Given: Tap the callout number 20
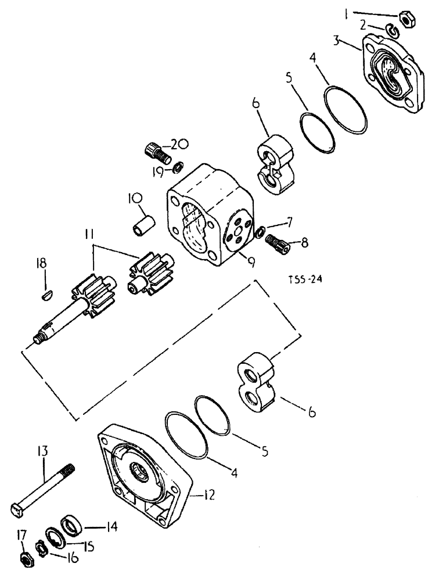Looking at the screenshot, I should coord(179,145).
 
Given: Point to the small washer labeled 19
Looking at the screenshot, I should coord(177,168).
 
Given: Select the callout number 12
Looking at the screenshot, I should coord(209,495).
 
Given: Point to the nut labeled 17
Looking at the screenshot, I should coord(26,560).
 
